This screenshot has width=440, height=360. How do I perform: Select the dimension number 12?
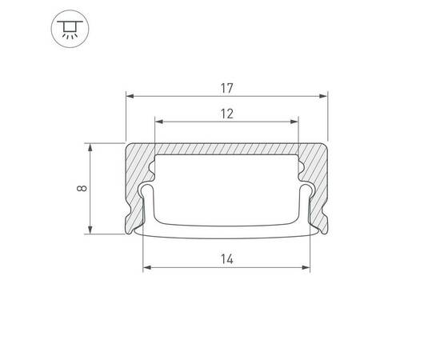(x=226, y=113)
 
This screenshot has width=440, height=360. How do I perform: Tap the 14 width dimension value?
(x=226, y=258)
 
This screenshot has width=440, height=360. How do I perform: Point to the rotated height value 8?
(x=81, y=189)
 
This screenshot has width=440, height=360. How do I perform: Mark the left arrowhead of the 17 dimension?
(x=130, y=94)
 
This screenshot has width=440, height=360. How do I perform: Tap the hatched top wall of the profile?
(x=226, y=150)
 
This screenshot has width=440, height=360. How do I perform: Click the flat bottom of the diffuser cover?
(x=226, y=231)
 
